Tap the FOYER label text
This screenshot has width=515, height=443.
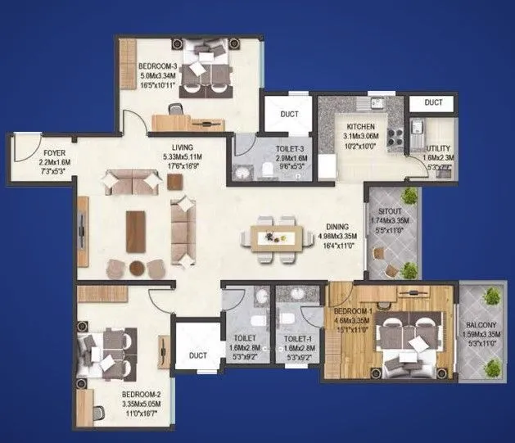(x=32, y=152)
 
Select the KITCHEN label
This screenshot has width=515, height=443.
(x=360, y=127)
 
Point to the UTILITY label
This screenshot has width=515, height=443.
(x=439, y=148)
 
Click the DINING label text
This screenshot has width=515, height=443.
(x=336, y=227)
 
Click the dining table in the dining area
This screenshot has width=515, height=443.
(x=269, y=238)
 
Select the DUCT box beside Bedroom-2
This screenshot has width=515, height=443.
(x=197, y=354)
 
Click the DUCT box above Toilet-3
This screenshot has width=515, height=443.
(x=287, y=115)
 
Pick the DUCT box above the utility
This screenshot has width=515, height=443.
(x=433, y=102)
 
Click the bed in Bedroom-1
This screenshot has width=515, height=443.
(x=401, y=333)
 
